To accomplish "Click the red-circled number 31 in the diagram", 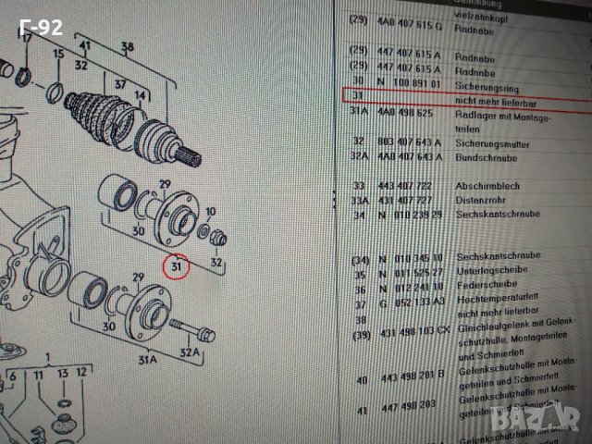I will (173, 268).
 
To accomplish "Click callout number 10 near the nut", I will (211, 212).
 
